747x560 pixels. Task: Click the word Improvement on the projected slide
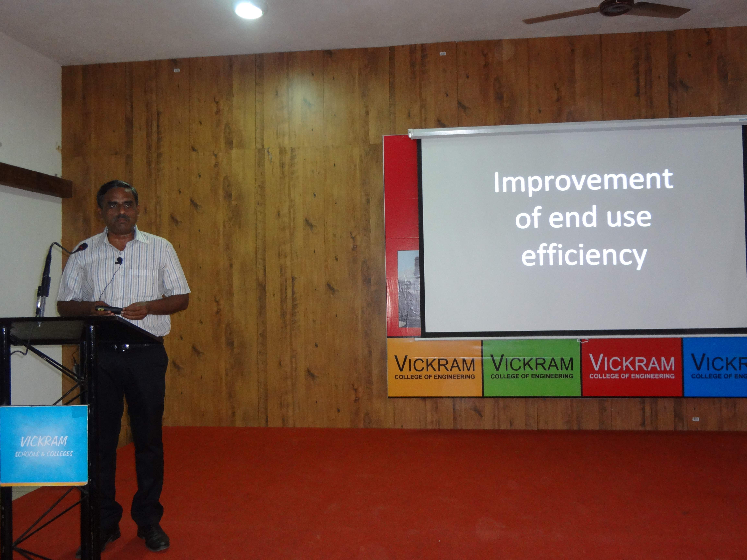583,182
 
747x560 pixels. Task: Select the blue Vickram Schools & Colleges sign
44,446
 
